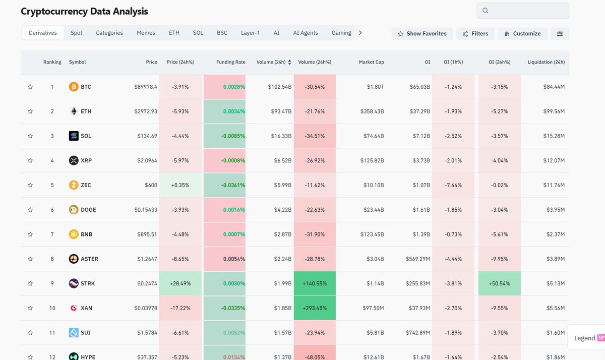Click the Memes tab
[146, 33]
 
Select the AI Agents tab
[306, 33]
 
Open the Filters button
[475, 34]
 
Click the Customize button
[522, 34]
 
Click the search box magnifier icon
[485, 11]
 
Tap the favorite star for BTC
[30, 87]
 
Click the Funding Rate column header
[230, 62]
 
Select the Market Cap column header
[371, 62]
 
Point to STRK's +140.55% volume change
[315, 283]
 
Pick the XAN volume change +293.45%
[315, 308]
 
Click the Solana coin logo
[74, 136]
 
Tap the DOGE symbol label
[88, 210]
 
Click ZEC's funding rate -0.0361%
[232, 185]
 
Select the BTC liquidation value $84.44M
[554, 87]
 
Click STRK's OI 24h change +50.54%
[499, 283]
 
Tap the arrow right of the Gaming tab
[360, 33]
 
